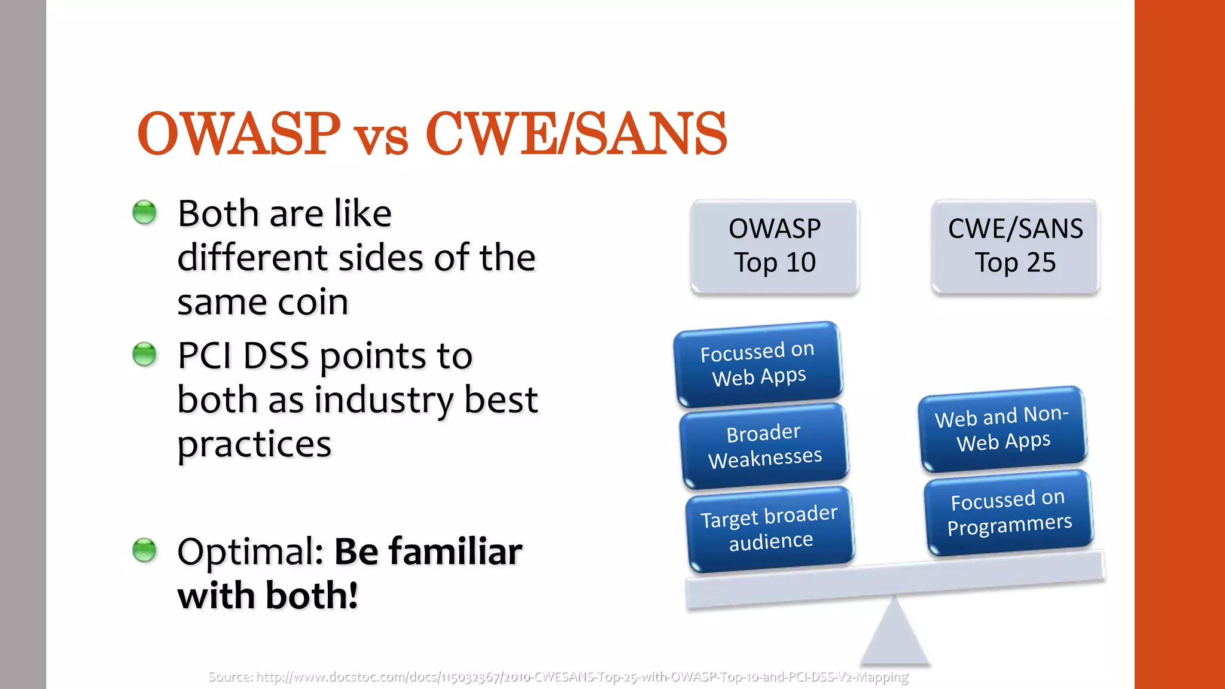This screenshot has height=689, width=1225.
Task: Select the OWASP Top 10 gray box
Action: (x=775, y=246)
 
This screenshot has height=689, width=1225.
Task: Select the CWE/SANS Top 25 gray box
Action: (x=1015, y=246)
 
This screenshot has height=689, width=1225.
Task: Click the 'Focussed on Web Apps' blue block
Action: (x=758, y=364)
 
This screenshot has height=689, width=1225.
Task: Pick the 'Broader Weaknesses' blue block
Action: (x=764, y=446)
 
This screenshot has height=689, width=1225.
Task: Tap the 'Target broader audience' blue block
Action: (x=769, y=529)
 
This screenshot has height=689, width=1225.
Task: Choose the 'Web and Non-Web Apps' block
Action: (x=1002, y=428)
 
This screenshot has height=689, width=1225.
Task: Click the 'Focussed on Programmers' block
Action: (x=1008, y=512)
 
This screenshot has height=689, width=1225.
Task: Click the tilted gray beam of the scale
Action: (x=894, y=580)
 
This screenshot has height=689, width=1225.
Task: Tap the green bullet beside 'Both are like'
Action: (x=144, y=212)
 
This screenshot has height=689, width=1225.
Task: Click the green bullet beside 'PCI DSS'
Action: (x=144, y=354)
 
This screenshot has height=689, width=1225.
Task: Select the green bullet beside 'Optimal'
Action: (x=144, y=550)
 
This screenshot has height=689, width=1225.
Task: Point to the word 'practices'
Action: (x=254, y=445)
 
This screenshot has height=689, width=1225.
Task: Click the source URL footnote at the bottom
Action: (x=557, y=677)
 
